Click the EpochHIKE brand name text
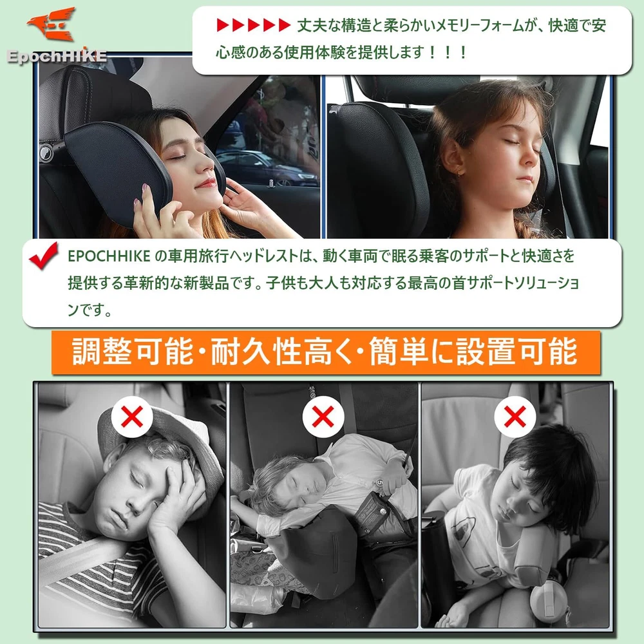[x=57, y=56]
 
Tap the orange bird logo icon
[x=52, y=23]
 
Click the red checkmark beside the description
[x=44, y=256]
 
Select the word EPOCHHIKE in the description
[x=109, y=256]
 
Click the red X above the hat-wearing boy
[x=132, y=417]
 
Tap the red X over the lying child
[x=323, y=417]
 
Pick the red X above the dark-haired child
[x=515, y=417]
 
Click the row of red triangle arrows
[x=253, y=25]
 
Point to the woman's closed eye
[x=178, y=158]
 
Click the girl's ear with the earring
[x=452, y=157]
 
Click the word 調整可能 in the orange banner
[x=133, y=352]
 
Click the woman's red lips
[x=206, y=183]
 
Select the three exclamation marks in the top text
[x=448, y=53]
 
